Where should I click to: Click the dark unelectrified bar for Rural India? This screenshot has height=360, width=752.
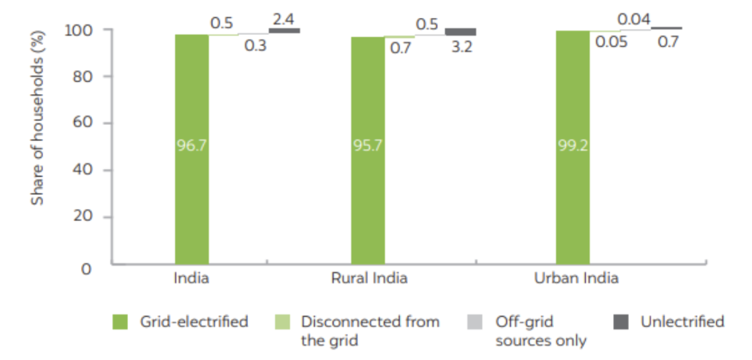460,32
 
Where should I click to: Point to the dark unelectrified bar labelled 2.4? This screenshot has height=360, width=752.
284,30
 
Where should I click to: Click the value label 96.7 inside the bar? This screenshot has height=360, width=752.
192,146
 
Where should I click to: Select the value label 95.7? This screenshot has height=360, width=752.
368,146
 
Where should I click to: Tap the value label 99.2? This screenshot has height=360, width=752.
573,146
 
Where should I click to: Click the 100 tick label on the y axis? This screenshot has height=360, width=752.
78,30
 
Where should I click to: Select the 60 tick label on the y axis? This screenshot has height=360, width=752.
83,124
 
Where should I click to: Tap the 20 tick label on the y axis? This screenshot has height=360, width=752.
83,217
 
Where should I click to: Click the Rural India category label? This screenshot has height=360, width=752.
368,278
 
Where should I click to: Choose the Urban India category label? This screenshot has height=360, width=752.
576,278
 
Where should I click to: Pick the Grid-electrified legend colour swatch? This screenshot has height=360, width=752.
121,322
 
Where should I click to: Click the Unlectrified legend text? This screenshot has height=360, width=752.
682,322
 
